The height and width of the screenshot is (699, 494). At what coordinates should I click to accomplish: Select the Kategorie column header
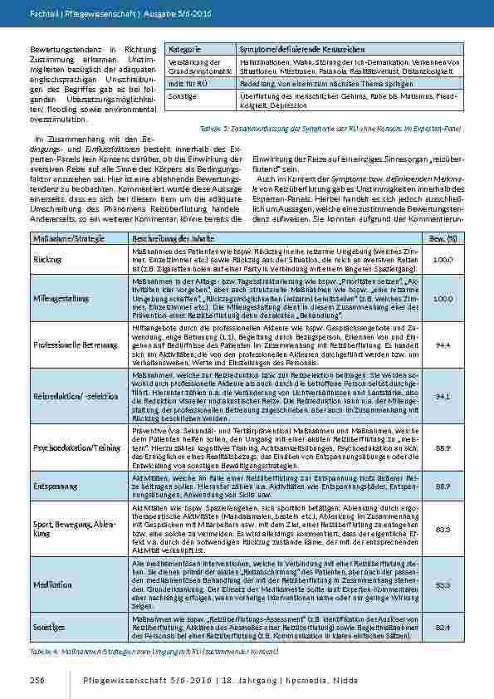point(184,51)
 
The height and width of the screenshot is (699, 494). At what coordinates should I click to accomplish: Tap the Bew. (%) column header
point(443,240)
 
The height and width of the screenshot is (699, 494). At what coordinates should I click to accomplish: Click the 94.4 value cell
point(443,344)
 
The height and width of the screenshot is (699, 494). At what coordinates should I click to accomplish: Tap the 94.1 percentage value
point(443,396)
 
